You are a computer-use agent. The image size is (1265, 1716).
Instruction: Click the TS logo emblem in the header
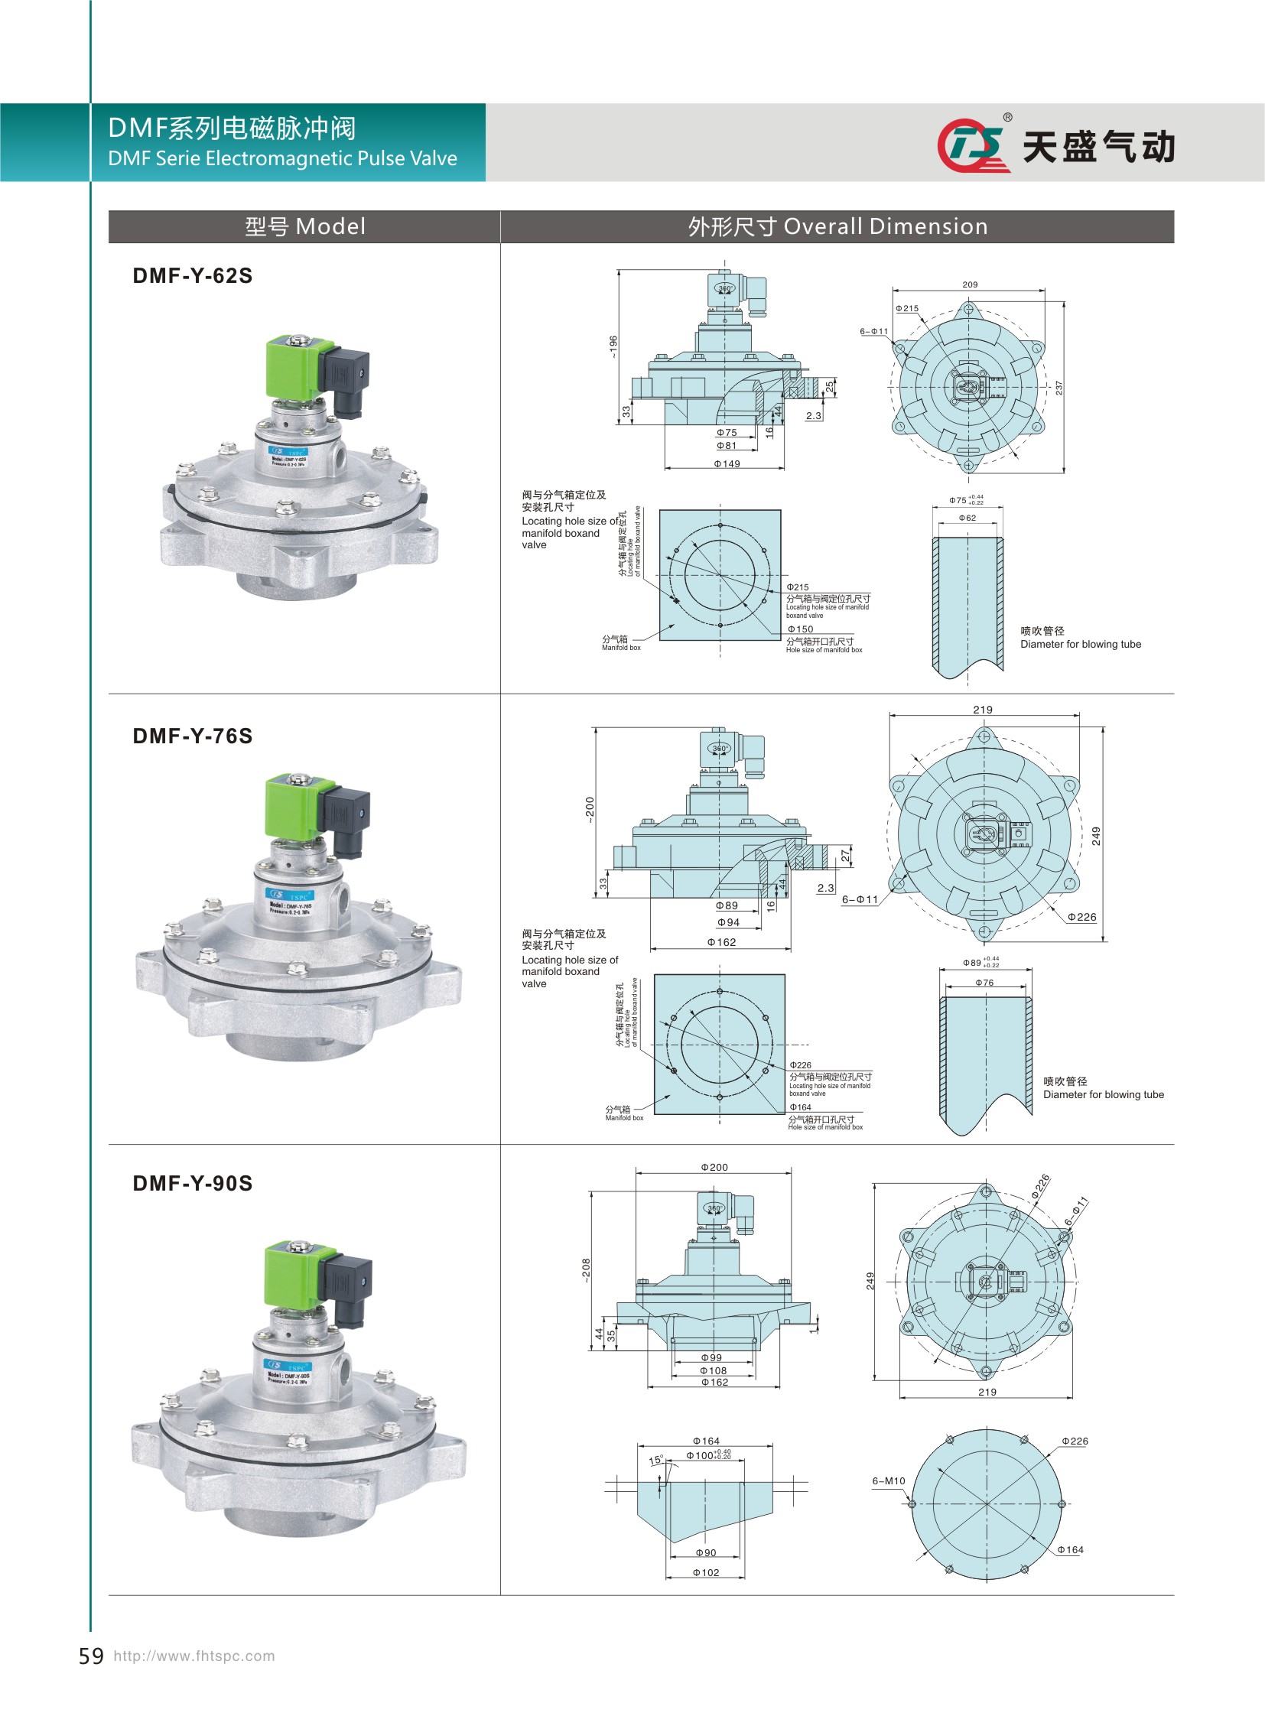971,145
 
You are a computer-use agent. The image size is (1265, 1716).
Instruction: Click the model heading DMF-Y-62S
192,275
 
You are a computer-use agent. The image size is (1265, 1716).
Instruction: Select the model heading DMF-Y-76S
192,736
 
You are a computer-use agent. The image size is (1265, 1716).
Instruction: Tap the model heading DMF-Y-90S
192,1183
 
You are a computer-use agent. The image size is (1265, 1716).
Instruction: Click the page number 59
91,1656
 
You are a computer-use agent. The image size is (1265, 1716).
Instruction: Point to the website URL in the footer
193,1656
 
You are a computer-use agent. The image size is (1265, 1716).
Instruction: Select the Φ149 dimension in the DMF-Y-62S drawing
727,464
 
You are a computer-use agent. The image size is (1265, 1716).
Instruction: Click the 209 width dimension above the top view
970,284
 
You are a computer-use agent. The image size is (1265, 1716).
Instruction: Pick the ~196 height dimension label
613,346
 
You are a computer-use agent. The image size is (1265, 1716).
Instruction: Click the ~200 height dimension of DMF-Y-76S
590,809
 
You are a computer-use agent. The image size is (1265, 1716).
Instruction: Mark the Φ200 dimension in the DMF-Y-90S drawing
714,1168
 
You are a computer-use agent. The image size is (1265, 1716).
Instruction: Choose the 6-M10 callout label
888,1481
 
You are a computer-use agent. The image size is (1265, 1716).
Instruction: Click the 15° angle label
656,1461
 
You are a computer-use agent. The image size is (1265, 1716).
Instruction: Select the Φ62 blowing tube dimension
967,518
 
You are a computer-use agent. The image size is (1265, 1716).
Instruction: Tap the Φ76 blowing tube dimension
984,983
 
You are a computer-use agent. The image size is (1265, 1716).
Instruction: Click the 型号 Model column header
304,226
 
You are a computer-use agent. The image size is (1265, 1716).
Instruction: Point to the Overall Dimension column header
837,226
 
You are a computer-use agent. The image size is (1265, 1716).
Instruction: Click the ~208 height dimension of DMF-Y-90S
586,1269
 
